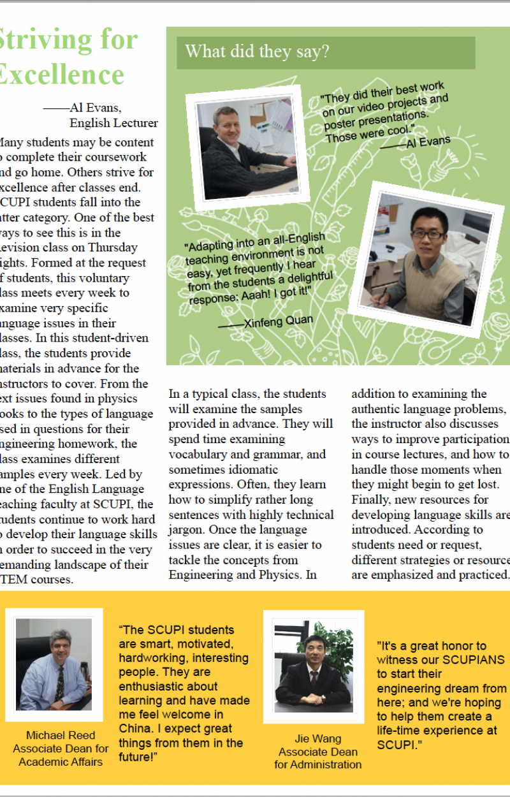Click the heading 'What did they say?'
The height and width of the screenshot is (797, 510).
tap(257, 52)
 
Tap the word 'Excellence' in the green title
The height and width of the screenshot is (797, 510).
tap(62, 74)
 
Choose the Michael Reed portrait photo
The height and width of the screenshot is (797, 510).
tap(54, 664)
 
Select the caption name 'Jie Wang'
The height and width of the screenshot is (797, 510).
tap(318, 739)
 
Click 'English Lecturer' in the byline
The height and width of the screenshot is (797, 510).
tap(113, 123)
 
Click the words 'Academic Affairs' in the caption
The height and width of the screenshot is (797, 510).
tap(61, 762)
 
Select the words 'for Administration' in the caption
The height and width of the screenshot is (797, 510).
tap(318, 764)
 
